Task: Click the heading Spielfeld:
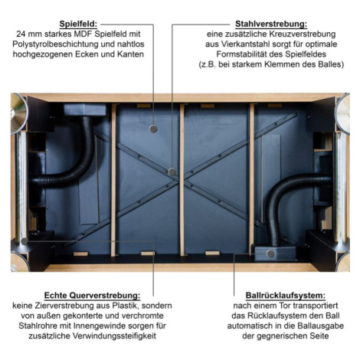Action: click(x=78, y=24)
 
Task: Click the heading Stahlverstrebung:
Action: click(x=271, y=24)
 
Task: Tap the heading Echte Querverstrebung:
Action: click(x=92, y=296)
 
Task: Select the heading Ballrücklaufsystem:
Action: click(x=286, y=296)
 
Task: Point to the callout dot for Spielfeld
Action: click(x=153, y=129)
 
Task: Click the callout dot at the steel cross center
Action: click(x=172, y=172)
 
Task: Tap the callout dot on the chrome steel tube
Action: click(x=25, y=241)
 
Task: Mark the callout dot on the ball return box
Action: click(x=270, y=254)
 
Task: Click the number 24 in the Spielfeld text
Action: click(x=21, y=34)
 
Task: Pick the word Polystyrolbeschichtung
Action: click(x=55, y=44)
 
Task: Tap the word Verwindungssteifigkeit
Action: click(x=114, y=335)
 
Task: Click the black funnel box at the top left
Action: click(x=85, y=110)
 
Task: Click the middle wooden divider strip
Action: click(x=182, y=179)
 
